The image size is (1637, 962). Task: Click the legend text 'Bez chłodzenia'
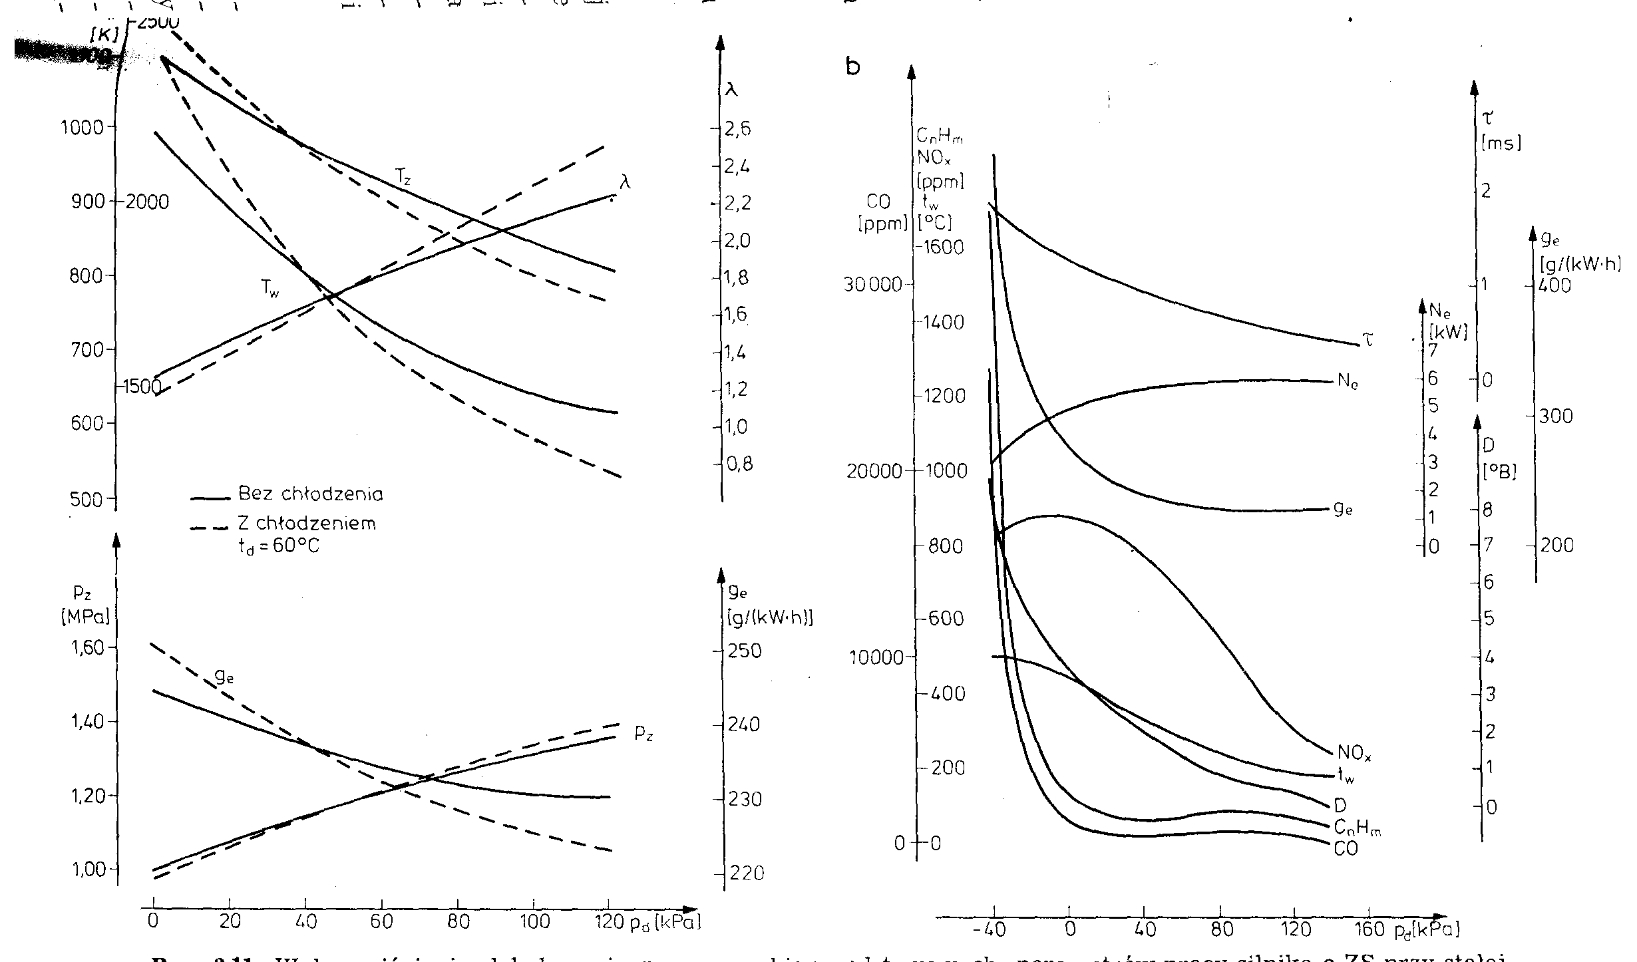click(x=310, y=495)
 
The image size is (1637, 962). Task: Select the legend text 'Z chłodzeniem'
click(x=307, y=524)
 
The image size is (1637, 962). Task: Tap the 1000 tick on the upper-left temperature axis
click(x=83, y=127)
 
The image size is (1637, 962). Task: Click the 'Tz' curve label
click(x=403, y=176)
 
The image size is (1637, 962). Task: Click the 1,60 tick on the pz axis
click(x=89, y=648)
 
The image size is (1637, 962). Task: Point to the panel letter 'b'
click(x=853, y=67)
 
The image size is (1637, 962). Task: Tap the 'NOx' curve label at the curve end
click(x=1354, y=754)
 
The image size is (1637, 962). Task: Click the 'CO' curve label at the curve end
click(x=1346, y=849)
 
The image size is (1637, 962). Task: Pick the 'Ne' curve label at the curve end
click(x=1348, y=383)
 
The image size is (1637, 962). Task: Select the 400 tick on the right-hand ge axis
click(x=1554, y=286)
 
